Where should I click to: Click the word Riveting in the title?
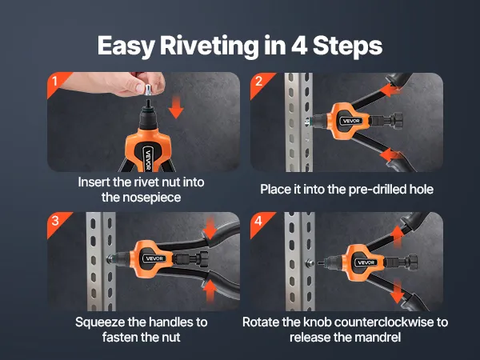coord(209,46)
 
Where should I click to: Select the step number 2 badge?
coord(259,82)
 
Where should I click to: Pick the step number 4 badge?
coord(259,221)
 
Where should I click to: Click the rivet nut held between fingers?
coord(148,90)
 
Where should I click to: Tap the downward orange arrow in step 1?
coord(176,107)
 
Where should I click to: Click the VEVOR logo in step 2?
coord(351,121)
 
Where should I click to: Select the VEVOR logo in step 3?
coord(154,258)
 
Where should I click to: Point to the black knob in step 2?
coord(397,121)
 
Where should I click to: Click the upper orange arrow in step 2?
coord(390,90)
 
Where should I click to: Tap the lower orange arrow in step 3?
coord(210,291)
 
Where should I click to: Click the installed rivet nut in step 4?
coord(310,262)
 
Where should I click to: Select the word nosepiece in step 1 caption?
coord(141,198)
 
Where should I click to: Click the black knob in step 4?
coord(412,262)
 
